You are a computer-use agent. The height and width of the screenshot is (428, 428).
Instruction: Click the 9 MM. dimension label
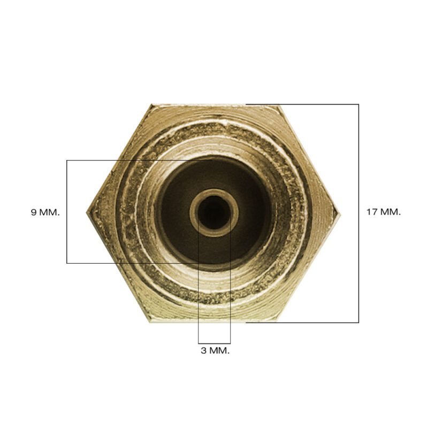pyautogui.click(x=45, y=212)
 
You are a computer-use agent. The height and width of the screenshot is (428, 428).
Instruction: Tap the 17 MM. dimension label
pyautogui.click(x=384, y=212)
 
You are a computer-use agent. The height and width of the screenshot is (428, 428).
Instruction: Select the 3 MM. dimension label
pyautogui.click(x=215, y=350)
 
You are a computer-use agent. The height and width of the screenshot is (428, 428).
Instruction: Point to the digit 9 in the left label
pyautogui.click(x=34, y=212)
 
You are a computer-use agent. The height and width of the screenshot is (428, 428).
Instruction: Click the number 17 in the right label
pyautogui.click(x=371, y=212)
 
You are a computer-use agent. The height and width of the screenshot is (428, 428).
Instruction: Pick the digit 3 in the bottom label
pyautogui.click(x=204, y=350)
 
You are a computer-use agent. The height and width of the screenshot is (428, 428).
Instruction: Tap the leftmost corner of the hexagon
pyautogui.click(x=87, y=212)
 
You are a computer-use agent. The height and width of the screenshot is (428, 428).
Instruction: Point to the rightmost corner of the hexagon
pyautogui.click(x=341, y=213)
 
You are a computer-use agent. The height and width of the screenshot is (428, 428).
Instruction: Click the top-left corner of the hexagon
pyautogui.click(x=152, y=104)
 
